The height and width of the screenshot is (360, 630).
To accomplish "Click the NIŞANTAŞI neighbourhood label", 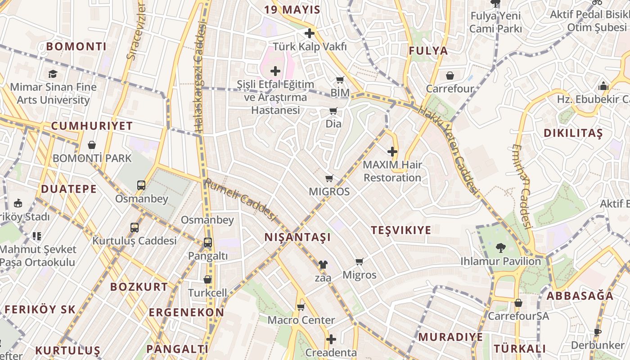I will [x=297, y=237].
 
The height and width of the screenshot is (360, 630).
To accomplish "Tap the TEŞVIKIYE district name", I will [x=401, y=230].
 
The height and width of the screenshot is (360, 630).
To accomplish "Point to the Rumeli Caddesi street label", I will [x=239, y=200].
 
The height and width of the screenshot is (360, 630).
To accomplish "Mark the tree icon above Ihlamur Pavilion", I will [x=500, y=247].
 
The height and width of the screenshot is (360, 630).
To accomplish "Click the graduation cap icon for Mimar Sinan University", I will [x=53, y=74].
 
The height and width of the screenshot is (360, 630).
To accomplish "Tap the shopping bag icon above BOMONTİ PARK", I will [x=92, y=145].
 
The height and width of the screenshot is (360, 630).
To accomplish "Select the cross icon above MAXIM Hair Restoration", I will [x=392, y=152].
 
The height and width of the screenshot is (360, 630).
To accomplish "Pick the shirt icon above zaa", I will [x=323, y=265].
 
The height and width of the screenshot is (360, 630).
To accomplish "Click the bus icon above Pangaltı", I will [x=207, y=243].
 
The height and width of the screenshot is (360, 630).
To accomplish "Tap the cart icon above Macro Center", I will [x=301, y=307].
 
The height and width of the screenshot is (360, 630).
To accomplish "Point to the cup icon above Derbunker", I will [x=597, y=332].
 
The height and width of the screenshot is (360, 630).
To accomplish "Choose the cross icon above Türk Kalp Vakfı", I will [x=310, y=33].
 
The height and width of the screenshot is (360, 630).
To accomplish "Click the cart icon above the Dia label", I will [x=333, y=111].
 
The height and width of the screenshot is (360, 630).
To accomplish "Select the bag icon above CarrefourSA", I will [x=518, y=303].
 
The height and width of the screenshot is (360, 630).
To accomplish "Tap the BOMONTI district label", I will [x=76, y=46].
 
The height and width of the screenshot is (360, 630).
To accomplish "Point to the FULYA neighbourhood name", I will [x=428, y=51].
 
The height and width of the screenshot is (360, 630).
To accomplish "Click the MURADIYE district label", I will [x=451, y=337].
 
